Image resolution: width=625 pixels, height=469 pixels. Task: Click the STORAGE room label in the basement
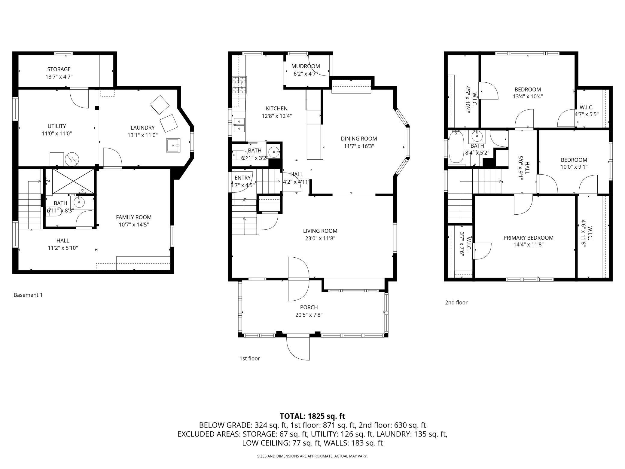click(59, 69)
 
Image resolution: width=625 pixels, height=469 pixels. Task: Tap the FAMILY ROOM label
click(134, 217)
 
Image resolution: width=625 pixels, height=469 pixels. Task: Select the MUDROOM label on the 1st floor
click(306, 66)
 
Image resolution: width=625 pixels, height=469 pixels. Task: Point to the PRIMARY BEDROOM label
click(529, 238)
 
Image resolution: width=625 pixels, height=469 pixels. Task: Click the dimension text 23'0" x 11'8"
click(320, 238)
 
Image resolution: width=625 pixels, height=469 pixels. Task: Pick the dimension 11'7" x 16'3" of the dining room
click(359, 146)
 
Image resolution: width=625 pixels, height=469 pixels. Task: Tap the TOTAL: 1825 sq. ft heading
click(312, 416)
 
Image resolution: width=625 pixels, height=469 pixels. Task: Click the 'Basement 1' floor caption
click(28, 295)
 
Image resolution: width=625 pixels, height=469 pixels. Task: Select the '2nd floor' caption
click(456, 302)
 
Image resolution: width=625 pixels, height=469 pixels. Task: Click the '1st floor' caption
click(249, 358)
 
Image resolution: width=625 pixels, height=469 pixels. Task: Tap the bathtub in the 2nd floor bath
click(456, 148)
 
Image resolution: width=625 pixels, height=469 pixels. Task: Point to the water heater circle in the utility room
click(72, 159)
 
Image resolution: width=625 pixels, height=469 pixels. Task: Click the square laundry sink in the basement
click(173, 146)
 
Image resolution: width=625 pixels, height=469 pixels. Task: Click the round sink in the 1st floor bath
click(274, 152)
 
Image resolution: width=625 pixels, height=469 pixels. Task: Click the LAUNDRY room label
click(142, 128)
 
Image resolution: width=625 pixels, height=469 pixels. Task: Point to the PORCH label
click(309, 307)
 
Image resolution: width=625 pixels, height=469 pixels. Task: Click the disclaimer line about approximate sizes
click(312, 456)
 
